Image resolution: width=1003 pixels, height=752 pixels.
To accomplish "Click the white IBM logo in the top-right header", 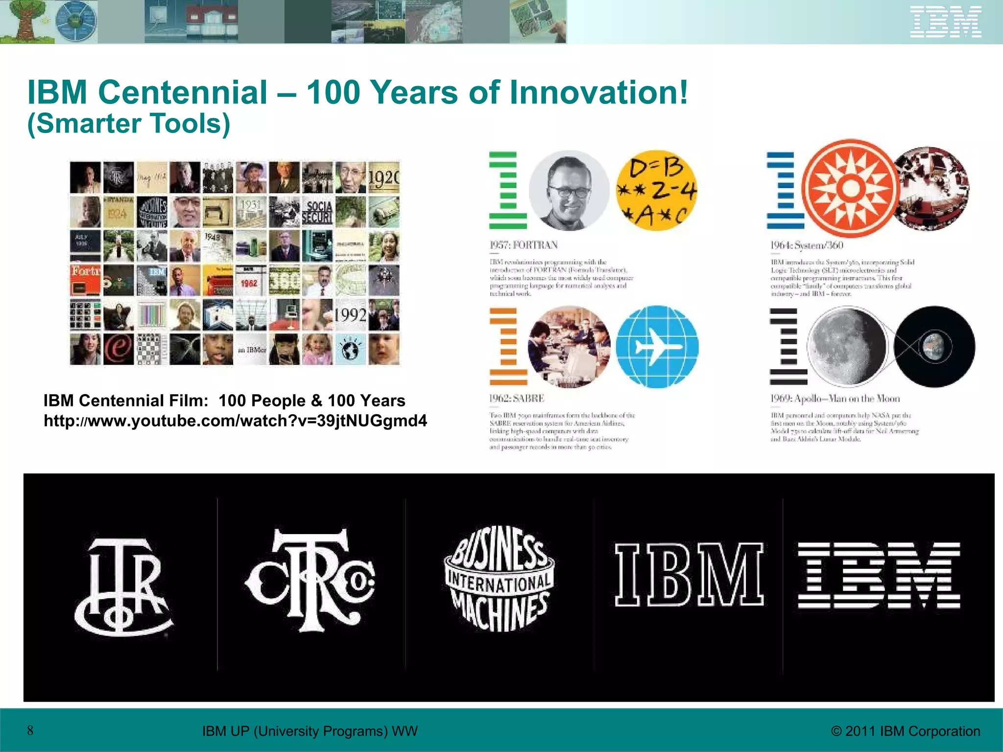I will [945, 22].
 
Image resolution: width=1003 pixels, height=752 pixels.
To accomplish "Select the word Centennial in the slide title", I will [183, 92].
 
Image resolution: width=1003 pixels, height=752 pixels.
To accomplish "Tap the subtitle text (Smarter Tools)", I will [129, 123].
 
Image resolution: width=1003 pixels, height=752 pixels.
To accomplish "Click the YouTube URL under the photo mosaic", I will [235, 421].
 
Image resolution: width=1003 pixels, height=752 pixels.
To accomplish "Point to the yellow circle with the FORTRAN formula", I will [656, 190].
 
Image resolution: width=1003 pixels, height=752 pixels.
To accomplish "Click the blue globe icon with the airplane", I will [657, 347].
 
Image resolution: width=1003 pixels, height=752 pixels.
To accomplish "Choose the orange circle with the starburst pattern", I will [851, 188].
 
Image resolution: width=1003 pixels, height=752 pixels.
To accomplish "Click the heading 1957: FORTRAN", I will [524, 245].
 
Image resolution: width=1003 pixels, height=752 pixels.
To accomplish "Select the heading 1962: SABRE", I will [517, 399].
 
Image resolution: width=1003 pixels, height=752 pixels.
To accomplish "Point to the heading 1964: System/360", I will [807, 245].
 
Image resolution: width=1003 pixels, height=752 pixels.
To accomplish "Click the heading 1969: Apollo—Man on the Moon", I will [835, 399].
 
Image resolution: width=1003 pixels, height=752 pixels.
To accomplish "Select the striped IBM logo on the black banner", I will [879, 575].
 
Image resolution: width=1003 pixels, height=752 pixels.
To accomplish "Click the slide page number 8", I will [30, 731].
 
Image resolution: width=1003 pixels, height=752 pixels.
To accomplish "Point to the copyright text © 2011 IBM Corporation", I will [906, 731].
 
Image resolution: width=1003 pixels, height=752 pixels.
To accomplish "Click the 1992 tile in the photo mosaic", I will [350, 315].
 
